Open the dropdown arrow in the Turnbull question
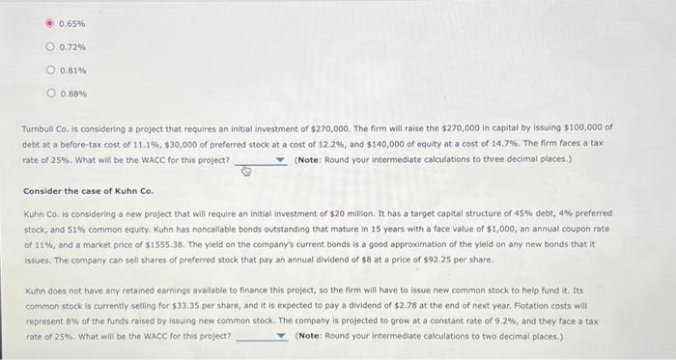click(281, 159)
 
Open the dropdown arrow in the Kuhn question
click(281, 336)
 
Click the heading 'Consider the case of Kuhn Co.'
click(88, 191)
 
